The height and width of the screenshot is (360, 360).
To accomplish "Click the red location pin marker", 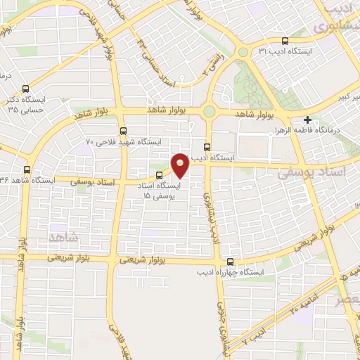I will (x=180, y=164).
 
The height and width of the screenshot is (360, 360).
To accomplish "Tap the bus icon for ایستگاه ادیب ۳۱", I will (x=285, y=41).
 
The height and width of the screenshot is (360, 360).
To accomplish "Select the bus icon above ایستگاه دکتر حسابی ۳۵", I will (x=26, y=89).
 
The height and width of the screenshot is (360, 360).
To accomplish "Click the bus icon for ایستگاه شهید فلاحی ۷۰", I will (x=123, y=130).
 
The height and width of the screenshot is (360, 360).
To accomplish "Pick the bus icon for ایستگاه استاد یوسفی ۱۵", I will (x=159, y=175).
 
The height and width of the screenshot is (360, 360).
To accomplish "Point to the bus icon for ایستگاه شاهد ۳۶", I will (x=27, y=169).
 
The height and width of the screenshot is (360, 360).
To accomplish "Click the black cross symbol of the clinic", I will (x=308, y=120).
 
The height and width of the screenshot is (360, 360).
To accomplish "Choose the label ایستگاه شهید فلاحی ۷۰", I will (x=124, y=141).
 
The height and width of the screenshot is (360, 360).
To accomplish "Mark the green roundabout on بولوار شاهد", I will (x=209, y=111).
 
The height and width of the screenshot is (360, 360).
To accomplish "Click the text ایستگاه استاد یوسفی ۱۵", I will (x=159, y=190).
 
